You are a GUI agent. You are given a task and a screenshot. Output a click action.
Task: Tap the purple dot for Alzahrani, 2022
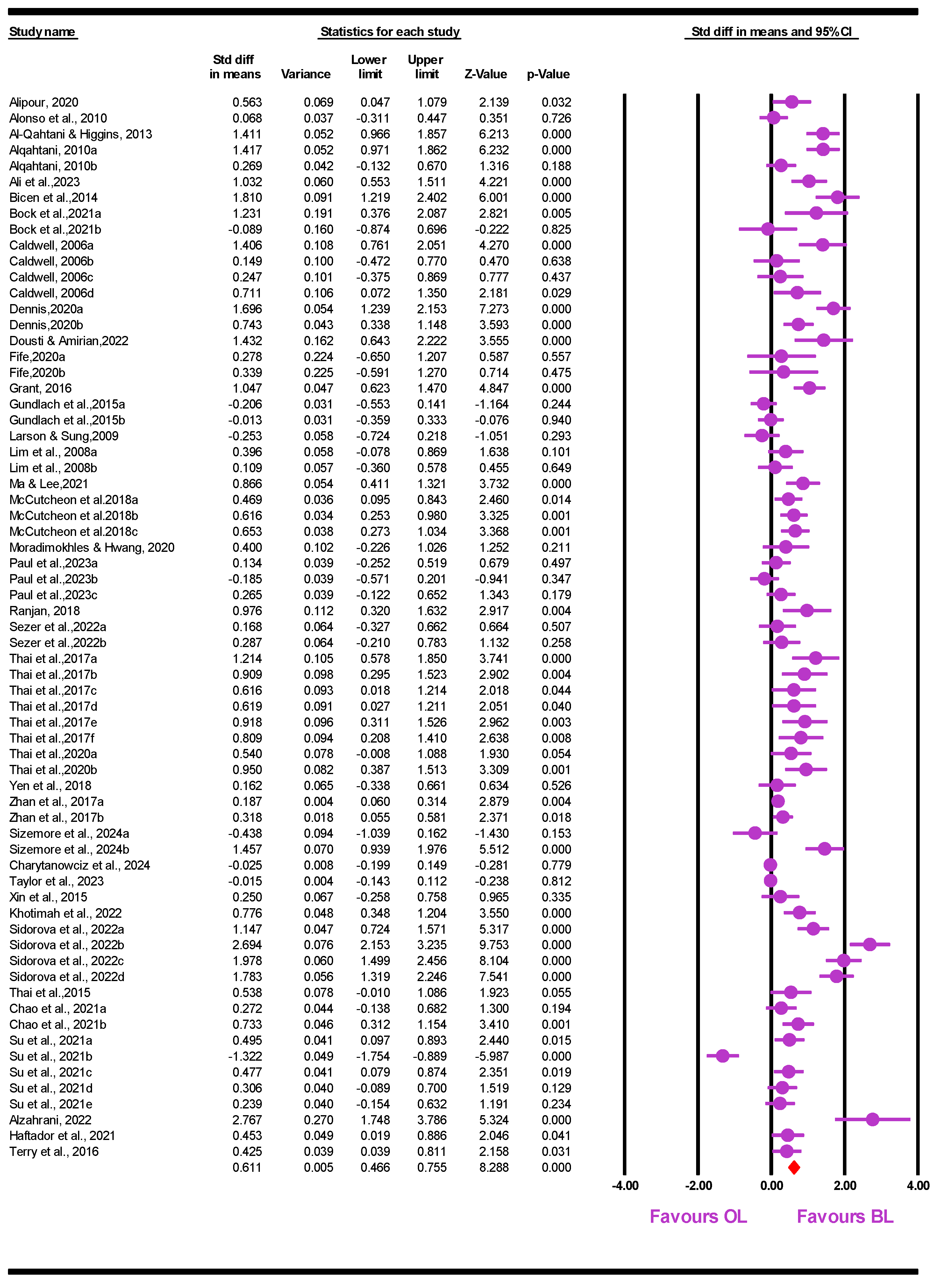pyautogui.click(x=872, y=1119)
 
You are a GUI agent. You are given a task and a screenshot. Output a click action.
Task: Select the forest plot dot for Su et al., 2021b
pyautogui.click(x=723, y=1055)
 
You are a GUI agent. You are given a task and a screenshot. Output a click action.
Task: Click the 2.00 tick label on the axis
pyautogui.click(x=845, y=1185)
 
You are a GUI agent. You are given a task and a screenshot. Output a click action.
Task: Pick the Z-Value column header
pyautogui.click(x=486, y=74)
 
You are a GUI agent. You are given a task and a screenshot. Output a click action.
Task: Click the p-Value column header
pyautogui.click(x=548, y=74)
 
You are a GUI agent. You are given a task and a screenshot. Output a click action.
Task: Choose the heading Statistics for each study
pyautogui.click(x=390, y=32)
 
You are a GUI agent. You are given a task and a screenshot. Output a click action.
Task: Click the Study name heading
pyautogui.click(x=42, y=32)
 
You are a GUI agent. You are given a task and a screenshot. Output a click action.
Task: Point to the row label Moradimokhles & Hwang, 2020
pyautogui.click(x=92, y=547)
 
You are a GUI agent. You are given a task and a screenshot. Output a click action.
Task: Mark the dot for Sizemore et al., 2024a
pyautogui.click(x=755, y=833)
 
